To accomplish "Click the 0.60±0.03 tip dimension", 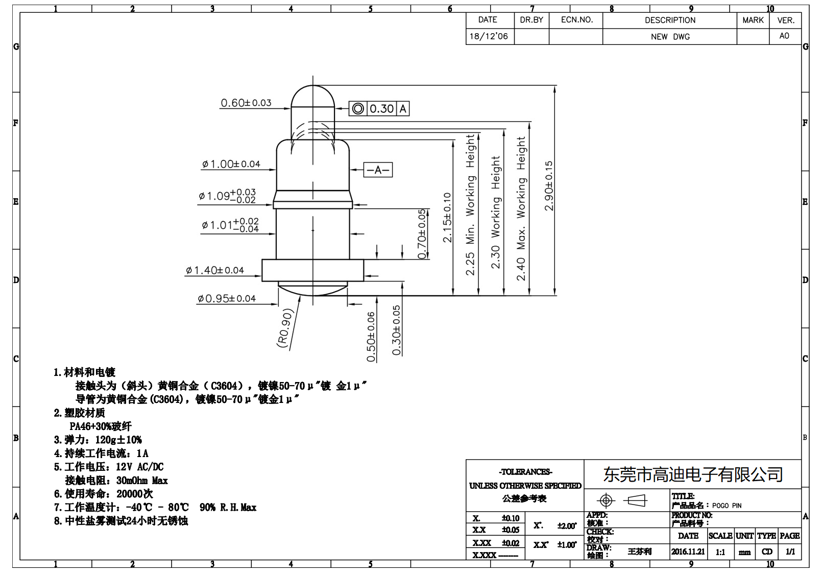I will tap(246, 103).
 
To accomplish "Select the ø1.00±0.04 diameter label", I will tap(231, 164).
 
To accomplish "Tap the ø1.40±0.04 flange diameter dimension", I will tap(215, 270).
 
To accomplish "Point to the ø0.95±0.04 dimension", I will tap(227, 298).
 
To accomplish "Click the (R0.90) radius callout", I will tap(285, 328).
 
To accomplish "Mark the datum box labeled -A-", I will tap(378, 170).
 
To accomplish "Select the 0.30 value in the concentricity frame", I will tap(381, 109).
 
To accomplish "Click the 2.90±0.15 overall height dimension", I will tap(549, 186).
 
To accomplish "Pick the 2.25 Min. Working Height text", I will tap(470, 204).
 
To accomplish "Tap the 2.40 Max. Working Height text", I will tap(521, 208).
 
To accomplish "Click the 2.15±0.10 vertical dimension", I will tap(447, 217).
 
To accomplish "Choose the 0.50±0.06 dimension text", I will tap(371, 337).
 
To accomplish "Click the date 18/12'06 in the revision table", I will tap(489, 36).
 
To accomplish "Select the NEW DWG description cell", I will tap(670, 37).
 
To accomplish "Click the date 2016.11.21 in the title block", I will tap(688, 552).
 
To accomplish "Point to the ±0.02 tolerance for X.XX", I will tap(510, 543).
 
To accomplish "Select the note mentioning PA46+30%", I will tap(101, 426).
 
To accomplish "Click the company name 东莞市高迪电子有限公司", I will tap(693, 474).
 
